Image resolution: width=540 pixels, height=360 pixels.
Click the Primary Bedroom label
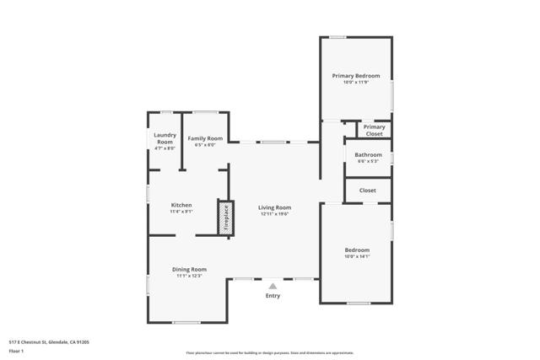tap(355, 76)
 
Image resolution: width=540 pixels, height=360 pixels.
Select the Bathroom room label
tap(368, 155)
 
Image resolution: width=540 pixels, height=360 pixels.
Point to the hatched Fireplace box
tap(225, 217)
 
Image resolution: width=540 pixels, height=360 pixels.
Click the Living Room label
tap(274, 207)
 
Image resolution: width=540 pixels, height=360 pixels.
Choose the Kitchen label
tap(181, 205)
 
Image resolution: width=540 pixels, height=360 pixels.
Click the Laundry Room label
tap(164, 138)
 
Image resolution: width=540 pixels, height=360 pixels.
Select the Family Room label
tap(205, 138)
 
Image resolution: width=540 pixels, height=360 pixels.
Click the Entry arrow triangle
tap(273, 286)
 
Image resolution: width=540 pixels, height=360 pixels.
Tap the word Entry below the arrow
tap(273, 296)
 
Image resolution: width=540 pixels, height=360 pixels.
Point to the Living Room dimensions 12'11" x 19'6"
tap(274, 214)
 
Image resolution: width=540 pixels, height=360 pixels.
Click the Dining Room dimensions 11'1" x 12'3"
tap(189, 277)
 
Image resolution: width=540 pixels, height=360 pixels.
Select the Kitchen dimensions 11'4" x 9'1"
tap(181, 212)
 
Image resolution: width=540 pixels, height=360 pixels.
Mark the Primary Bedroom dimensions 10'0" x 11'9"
tap(355, 83)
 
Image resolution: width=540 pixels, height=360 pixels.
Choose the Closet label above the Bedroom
tap(368, 191)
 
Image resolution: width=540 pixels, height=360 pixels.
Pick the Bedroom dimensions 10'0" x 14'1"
tap(357, 256)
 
